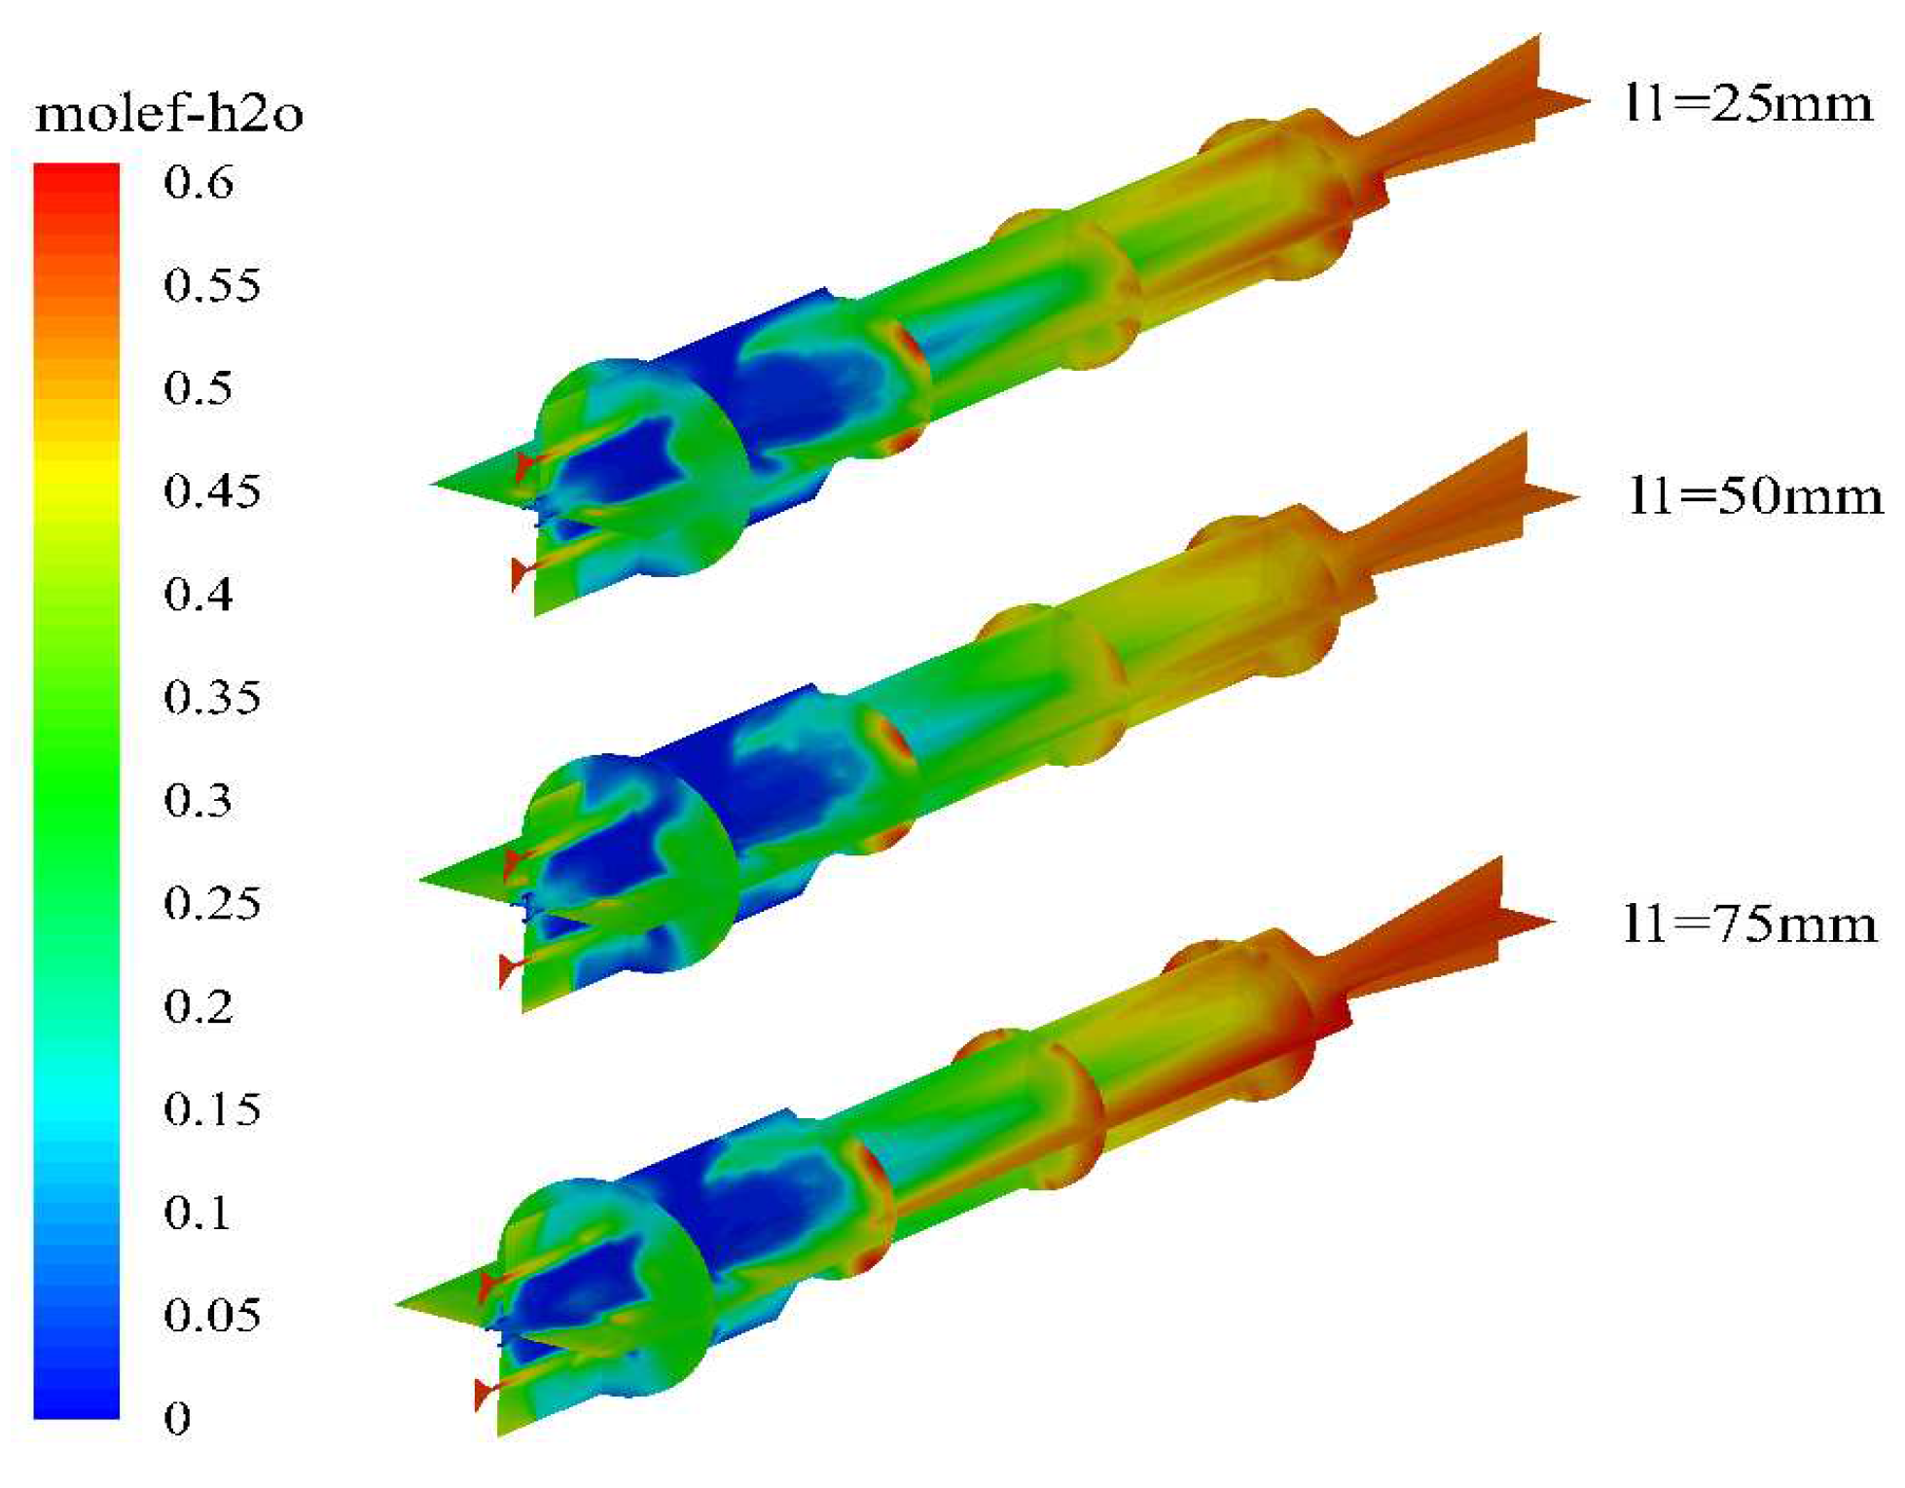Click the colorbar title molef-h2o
169,115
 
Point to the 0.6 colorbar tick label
198,182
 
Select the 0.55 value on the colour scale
212,285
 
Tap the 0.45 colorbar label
212,490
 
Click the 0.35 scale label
212,697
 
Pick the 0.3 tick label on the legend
198,800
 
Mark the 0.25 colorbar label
212,903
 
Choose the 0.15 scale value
212,1108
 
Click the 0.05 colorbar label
212,1315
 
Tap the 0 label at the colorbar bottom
177,1418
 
